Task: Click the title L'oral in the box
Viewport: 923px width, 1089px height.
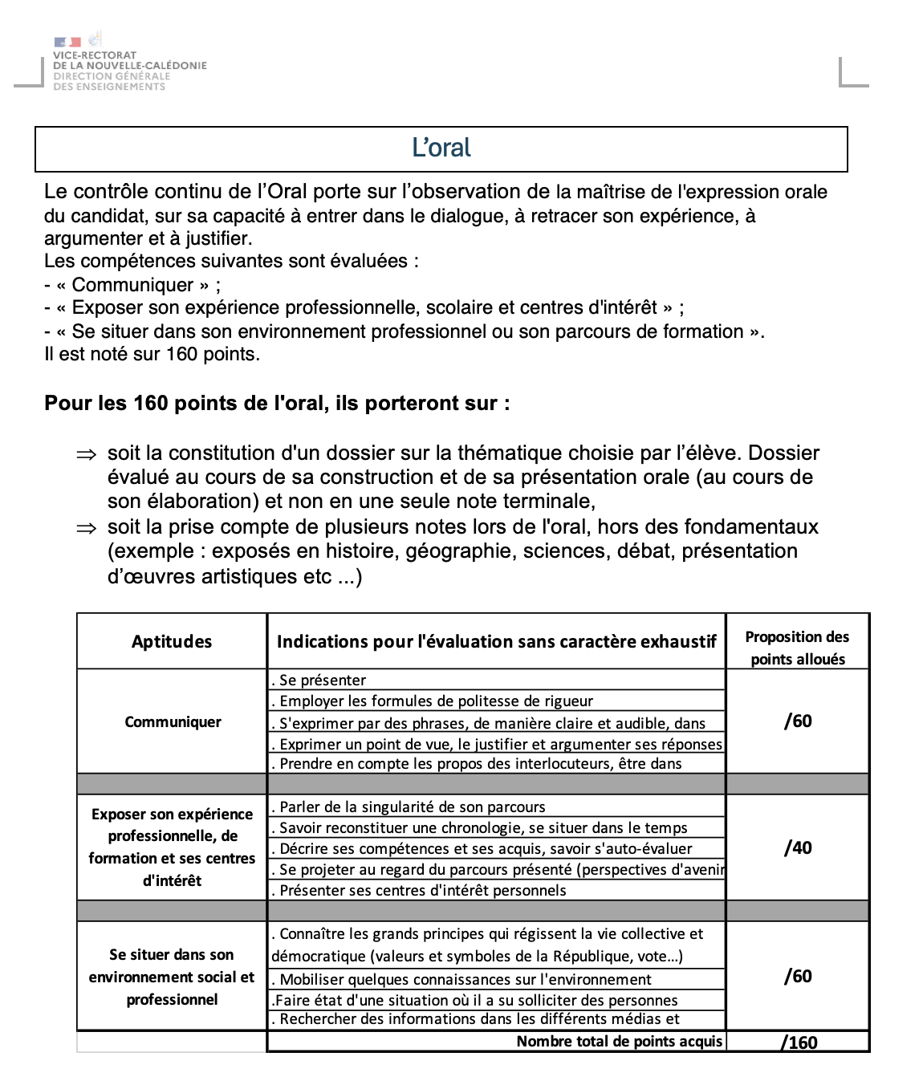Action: (x=441, y=148)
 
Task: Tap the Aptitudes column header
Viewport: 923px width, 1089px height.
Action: (x=172, y=641)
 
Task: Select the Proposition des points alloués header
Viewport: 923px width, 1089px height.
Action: (x=797, y=648)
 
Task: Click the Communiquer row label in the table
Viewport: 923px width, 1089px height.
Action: (x=173, y=721)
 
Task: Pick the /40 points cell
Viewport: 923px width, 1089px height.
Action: (x=798, y=847)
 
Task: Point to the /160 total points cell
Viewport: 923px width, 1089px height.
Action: (x=799, y=1042)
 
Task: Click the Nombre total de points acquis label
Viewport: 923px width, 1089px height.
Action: (x=619, y=1041)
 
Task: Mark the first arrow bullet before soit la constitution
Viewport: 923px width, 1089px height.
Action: (x=86, y=454)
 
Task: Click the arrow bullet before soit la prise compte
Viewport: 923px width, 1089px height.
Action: (x=86, y=528)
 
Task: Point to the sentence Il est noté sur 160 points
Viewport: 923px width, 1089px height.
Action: (x=152, y=354)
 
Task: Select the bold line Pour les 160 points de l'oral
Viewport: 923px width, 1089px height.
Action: (x=277, y=403)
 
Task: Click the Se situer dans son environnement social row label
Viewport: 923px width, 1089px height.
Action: (x=172, y=977)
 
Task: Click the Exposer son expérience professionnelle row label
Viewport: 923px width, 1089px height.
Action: (x=172, y=847)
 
